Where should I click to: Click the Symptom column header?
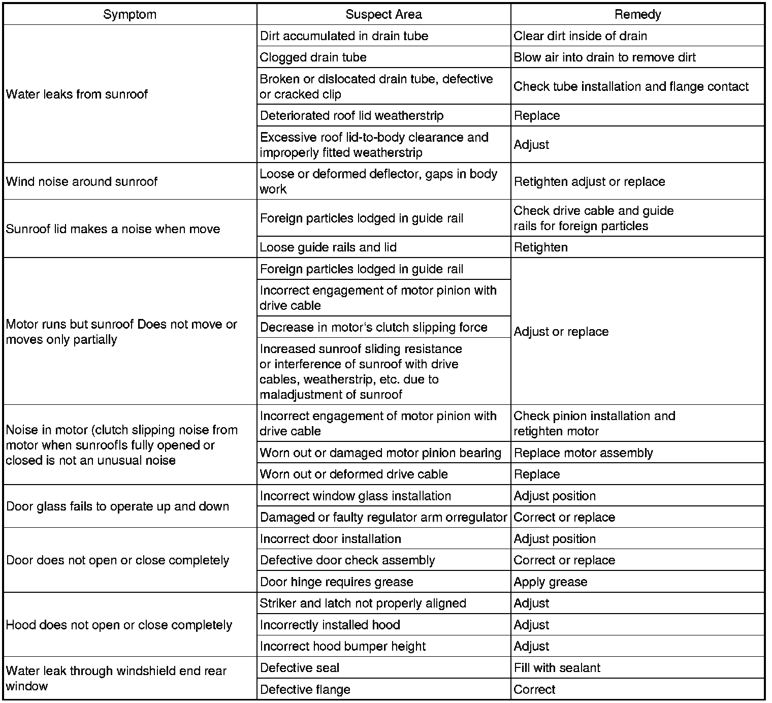coord(130,14)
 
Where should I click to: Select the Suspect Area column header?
coord(383,14)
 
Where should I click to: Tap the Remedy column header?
coord(637,14)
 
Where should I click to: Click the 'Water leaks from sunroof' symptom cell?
coord(77,94)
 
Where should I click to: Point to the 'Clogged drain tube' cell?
coord(313,57)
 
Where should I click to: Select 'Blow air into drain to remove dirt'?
coord(604,57)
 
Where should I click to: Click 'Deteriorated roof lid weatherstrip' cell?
coord(351,115)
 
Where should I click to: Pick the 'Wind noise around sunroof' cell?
coord(82,181)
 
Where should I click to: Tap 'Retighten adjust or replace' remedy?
coord(589,181)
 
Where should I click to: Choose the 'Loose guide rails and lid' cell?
coord(328,247)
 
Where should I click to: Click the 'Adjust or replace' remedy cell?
coord(561,332)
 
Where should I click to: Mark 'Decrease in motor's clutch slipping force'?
coord(373,327)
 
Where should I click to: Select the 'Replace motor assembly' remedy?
coord(583,453)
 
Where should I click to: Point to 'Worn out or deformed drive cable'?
coord(353,474)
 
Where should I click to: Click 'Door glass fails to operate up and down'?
coord(117,506)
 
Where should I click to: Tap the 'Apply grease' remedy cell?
coord(551,582)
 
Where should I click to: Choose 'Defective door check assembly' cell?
coord(347,560)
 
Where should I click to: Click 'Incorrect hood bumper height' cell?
coord(343,646)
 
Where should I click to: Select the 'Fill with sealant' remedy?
coord(557,667)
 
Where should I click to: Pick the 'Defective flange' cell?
coord(305,689)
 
